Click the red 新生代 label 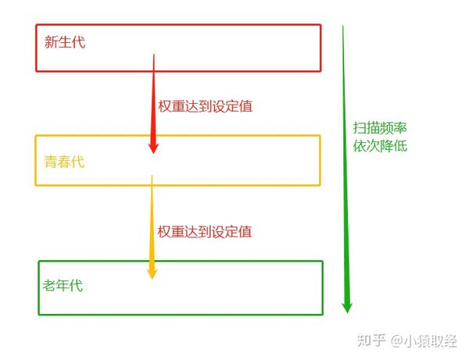[x=66, y=42]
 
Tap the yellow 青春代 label [x=64, y=162]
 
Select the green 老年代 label [x=63, y=285]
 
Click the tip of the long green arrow [x=347, y=311]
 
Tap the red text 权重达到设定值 [x=205, y=105]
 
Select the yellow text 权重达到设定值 [x=205, y=231]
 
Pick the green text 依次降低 [x=380, y=146]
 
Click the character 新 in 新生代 [x=52, y=42]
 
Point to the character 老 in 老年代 [x=49, y=285]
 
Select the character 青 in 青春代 [x=51, y=162]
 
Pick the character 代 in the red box [x=79, y=42]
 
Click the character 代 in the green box [x=76, y=285]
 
